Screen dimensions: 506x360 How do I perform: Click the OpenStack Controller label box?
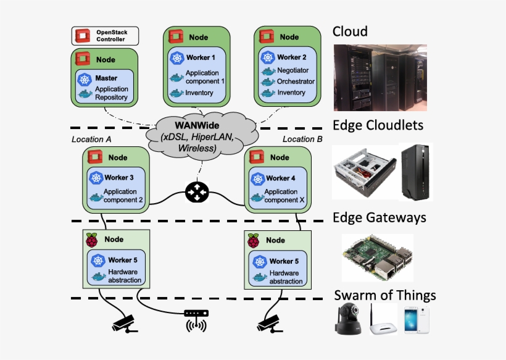pos(105,36)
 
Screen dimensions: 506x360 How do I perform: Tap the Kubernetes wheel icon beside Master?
pos(85,79)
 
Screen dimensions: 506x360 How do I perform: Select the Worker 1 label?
pos(201,57)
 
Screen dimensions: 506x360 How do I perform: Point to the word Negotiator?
pos(292,70)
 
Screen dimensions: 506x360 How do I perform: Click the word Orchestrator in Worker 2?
pos(296,82)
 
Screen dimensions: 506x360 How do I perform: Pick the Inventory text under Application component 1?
pos(199,93)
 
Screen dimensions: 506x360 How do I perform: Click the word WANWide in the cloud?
pos(197,125)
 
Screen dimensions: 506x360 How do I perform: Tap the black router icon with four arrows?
pos(197,193)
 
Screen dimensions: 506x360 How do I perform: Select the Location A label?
pos(91,140)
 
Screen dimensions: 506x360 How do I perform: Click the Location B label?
pos(302,139)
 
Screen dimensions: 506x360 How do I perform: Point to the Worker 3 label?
pos(118,178)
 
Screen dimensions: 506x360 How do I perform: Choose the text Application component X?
pos(284,196)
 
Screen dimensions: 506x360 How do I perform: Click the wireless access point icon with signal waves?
pos(196,320)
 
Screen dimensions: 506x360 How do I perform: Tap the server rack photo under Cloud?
pos(380,78)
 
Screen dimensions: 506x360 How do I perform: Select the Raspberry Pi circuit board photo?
pos(378,258)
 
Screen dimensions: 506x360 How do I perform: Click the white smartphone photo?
pos(417,320)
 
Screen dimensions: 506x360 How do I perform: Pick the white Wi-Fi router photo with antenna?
pos(383,320)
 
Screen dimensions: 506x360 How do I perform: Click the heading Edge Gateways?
pos(379,217)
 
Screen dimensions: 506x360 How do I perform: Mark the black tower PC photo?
pos(416,172)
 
